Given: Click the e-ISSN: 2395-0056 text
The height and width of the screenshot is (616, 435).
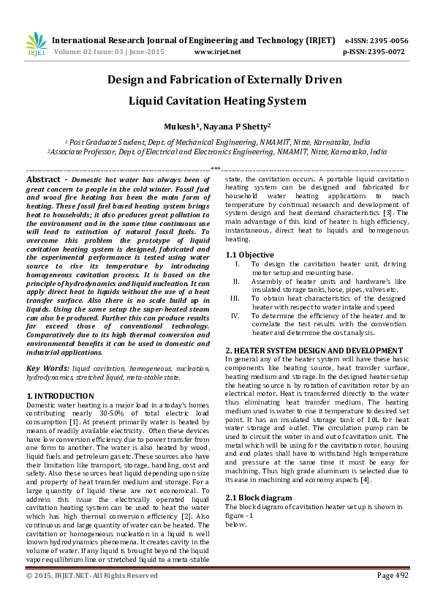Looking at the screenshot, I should coord(375,41).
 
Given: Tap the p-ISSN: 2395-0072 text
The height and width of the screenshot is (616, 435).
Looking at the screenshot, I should coord(374,52).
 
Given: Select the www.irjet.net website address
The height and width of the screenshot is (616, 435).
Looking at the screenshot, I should coord(217,52).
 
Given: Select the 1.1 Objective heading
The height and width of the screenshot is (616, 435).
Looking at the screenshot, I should coord(249,255).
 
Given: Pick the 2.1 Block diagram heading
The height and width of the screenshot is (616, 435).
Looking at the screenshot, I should coord(258,477).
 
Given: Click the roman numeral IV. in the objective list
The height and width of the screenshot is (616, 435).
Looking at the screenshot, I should coord(235,315).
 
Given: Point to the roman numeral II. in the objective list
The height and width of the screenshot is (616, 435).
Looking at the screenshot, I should coord(236,281).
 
